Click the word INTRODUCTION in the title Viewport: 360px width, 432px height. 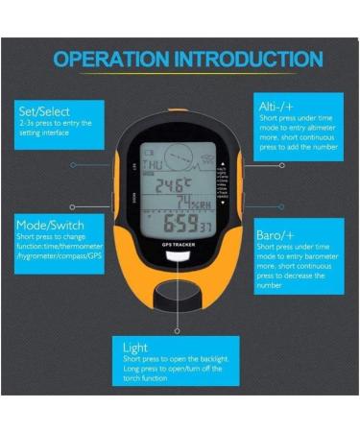(247, 59)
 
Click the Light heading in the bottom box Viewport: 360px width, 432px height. (136, 346)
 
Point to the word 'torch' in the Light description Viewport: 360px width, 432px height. (134, 378)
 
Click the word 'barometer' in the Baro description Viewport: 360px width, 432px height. (313, 256)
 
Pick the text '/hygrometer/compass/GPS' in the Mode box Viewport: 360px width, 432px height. (57, 257)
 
